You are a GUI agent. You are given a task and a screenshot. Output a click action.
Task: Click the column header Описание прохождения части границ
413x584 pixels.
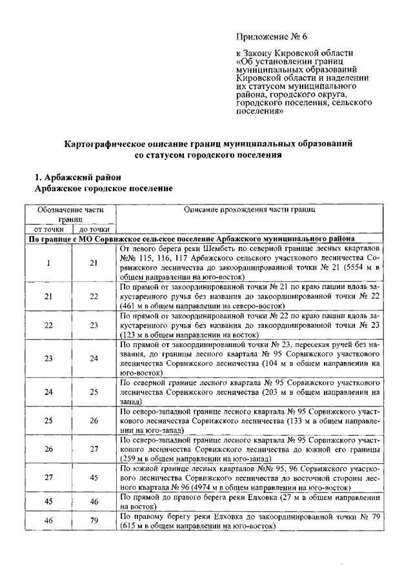coord(249,210)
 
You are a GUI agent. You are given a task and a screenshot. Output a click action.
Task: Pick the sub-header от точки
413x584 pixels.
coord(49,229)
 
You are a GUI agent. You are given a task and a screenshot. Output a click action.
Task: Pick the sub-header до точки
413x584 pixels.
coord(94,229)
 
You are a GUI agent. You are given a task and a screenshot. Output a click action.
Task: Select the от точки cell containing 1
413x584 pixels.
coord(48,262)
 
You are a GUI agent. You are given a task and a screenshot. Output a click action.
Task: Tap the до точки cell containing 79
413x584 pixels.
coord(94,521)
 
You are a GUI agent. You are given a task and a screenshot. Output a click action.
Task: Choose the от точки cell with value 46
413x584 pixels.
coord(48,521)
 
